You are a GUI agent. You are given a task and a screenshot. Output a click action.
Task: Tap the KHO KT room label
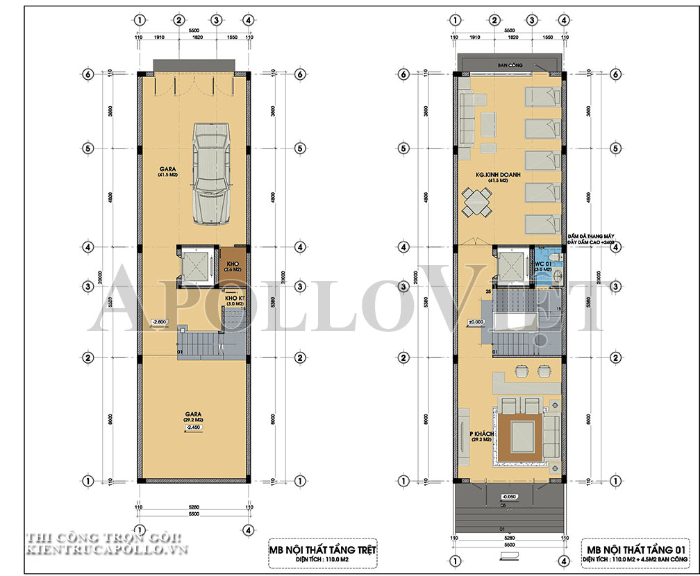click(x=234, y=300)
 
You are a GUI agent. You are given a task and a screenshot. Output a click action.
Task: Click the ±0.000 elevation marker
click(x=476, y=321)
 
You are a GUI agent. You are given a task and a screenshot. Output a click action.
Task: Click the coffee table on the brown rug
click(x=520, y=435)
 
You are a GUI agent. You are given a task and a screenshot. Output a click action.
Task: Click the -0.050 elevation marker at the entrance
click(x=510, y=498)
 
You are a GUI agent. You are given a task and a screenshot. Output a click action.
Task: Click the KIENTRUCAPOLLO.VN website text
click(x=98, y=550)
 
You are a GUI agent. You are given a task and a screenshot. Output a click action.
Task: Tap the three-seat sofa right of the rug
click(x=553, y=435)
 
